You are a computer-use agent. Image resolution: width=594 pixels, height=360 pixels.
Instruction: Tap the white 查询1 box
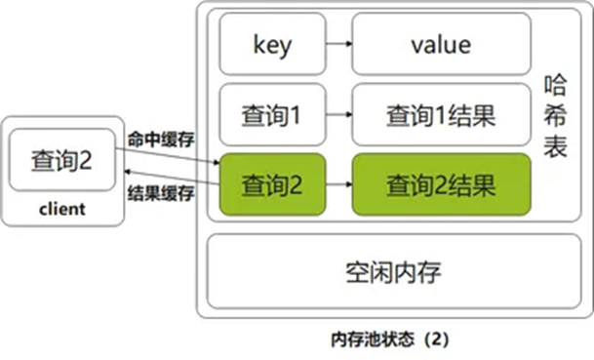pyautogui.click(x=272, y=115)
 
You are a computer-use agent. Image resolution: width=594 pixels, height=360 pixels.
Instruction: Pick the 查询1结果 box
pyautogui.click(x=442, y=115)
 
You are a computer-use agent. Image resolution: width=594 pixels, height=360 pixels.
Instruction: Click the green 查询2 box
pyautogui.click(x=272, y=183)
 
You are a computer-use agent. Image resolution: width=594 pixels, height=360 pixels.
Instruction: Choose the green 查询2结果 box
pyautogui.click(x=442, y=183)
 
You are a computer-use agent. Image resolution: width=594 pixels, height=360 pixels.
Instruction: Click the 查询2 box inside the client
pyautogui.click(x=60, y=159)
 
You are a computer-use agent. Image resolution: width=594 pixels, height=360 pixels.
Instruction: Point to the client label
pyautogui.click(x=61, y=209)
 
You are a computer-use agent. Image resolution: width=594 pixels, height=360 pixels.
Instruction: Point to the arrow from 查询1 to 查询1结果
pyautogui.click(x=337, y=115)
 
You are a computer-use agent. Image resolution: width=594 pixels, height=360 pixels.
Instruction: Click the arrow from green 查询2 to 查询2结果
pyautogui.click(x=337, y=183)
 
